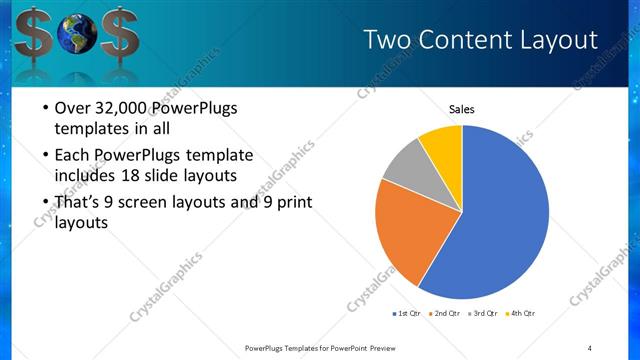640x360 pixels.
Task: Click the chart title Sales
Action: click(461, 110)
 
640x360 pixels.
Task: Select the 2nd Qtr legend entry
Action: click(444, 313)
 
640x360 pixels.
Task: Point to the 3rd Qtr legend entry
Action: click(482, 313)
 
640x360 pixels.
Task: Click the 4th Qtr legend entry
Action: click(520, 313)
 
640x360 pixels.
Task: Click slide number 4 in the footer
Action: click(589, 347)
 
